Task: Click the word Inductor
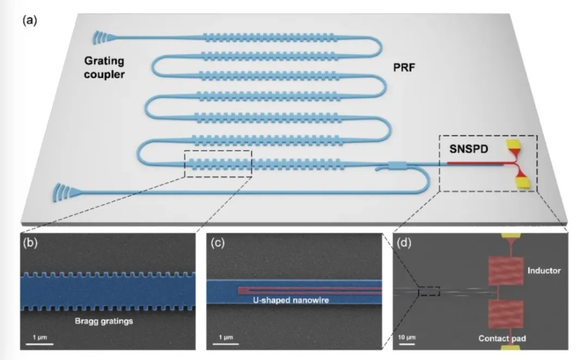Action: [544, 271]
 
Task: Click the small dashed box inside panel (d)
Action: [429, 291]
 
